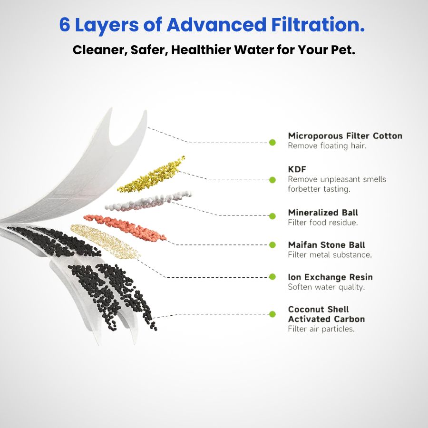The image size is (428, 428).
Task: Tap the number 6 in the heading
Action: click(x=65, y=25)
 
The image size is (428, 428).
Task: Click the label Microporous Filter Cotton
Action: click(x=345, y=136)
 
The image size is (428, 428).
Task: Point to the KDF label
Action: click(x=297, y=169)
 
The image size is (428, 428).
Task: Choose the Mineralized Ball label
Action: click(x=323, y=213)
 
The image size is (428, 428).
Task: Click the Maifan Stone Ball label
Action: click(x=326, y=245)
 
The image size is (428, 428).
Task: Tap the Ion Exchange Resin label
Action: click(x=330, y=277)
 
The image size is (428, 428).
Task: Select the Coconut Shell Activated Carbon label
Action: click(x=326, y=314)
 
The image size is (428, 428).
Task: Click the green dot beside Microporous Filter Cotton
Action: click(x=272, y=142)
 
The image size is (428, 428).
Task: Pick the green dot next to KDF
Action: click(x=272, y=180)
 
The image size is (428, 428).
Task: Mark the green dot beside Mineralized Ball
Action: click(x=272, y=216)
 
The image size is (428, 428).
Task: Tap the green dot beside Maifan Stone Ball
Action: click(x=272, y=245)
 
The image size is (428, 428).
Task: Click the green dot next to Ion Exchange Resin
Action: click(x=272, y=277)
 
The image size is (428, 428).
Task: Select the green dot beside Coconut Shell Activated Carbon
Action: click(x=272, y=314)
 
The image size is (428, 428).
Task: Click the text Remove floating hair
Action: click(x=327, y=146)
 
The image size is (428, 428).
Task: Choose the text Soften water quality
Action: click(x=326, y=287)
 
